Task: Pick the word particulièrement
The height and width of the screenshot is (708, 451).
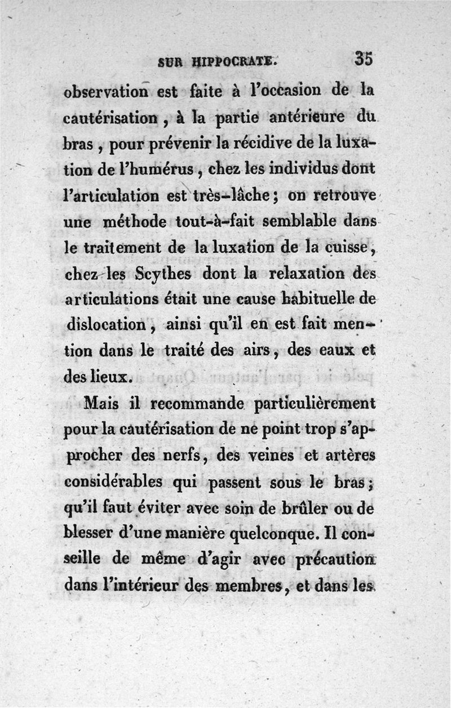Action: click(314, 406)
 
